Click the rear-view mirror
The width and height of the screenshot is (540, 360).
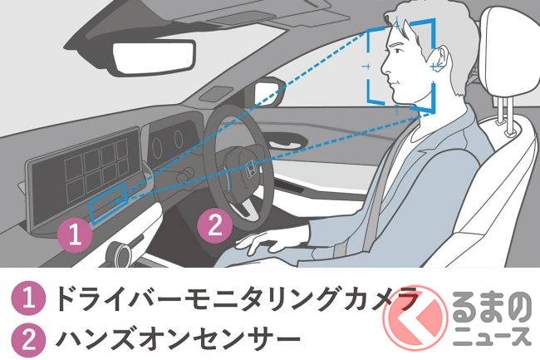point(153,57)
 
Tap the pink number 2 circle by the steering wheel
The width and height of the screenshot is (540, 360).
point(215,226)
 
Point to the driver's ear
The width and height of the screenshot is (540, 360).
point(439,58)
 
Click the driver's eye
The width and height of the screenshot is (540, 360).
point(399,51)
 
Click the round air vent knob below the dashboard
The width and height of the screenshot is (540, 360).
point(118,254)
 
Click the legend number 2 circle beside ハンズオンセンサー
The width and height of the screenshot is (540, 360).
point(28,339)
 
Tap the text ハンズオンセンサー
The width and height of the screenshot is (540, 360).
point(178,339)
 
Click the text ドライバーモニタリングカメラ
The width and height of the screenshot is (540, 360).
point(238,298)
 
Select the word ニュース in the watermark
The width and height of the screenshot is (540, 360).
point(492,336)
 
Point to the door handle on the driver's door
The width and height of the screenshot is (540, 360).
point(283,142)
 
